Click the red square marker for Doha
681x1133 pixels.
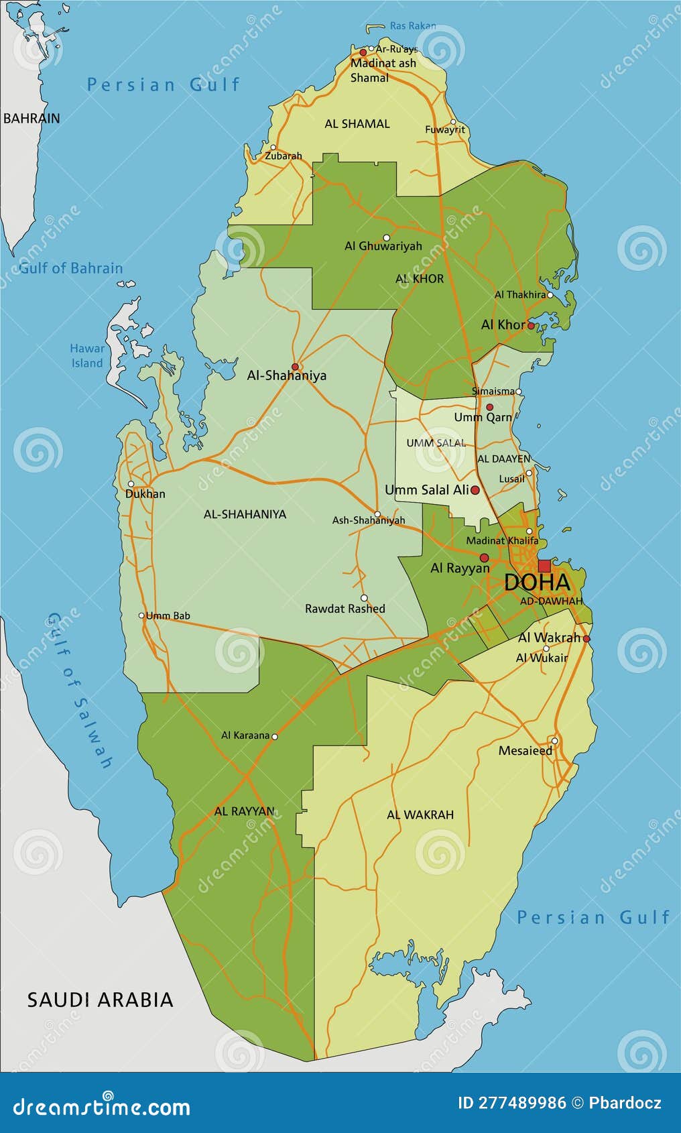pyautogui.click(x=544, y=565)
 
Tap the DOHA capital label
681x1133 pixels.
pyautogui.click(x=537, y=583)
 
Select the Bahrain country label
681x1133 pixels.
pyautogui.click(x=32, y=118)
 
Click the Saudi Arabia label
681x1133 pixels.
pyautogui.click(x=100, y=1000)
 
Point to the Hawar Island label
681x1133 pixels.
pyautogui.click(x=87, y=356)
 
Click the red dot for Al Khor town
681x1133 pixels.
pyautogui.click(x=531, y=326)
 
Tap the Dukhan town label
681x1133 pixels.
pyautogui.click(x=145, y=494)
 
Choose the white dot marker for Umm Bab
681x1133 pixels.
pyautogui.click(x=141, y=615)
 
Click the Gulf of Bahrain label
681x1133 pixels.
pyautogui.click(x=71, y=268)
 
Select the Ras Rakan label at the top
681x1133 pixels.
pyautogui.click(x=412, y=26)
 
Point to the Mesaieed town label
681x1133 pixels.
pyautogui.click(x=525, y=751)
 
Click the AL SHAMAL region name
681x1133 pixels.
pyautogui.click(x=357, y=124)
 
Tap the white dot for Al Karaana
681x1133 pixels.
pyautogui.click(x=274, y=736)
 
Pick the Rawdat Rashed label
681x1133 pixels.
pyautogui.click(x=345, y=609)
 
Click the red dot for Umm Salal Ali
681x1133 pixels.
pyautogui.click(x=475, y=490)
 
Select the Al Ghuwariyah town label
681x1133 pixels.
pyautogui.click(x=383, y=246)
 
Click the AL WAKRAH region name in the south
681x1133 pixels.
pyautogui.click(x=420, y=815)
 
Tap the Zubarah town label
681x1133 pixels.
pyautogui.click(x=283, y=156)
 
